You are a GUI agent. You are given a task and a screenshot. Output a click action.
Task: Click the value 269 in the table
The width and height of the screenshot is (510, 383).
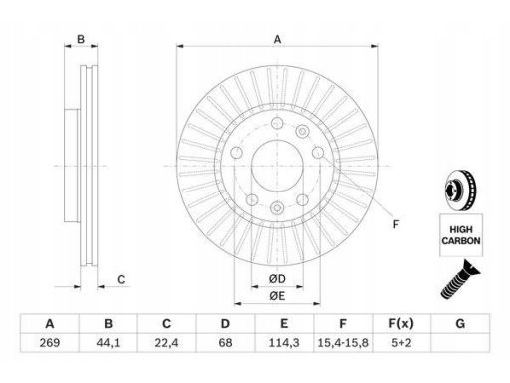coord(50,343)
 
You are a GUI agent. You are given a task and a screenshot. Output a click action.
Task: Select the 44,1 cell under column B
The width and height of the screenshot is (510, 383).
coord(108,343)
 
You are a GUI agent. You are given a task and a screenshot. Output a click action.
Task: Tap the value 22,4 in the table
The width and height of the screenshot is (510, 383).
coord(166,343)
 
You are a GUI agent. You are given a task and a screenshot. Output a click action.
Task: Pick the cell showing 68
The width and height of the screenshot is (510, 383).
coord(225,343)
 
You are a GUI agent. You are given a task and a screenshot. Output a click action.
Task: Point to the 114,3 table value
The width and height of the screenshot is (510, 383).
coord(284,343)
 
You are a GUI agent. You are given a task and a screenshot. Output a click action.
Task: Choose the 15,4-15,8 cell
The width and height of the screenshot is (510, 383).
coord(343,343)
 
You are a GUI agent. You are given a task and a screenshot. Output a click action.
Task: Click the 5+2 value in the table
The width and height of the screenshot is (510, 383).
coord(401,343)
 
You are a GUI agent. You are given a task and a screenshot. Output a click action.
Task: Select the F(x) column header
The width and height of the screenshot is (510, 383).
coord(401,323)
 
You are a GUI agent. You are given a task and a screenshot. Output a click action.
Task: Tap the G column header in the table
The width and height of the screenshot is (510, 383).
coord(460,323)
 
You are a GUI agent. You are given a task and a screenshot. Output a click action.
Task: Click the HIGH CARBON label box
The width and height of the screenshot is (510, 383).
coord(461,235)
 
